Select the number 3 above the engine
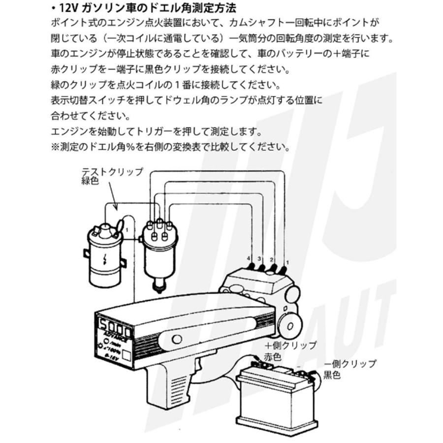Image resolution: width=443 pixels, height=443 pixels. pyautogui.click(x=260, y=257)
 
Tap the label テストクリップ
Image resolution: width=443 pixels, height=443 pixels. pyautogui.click(x=112, y=172)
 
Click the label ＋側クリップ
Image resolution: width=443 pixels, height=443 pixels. pyautogui.click(x=290, y=345)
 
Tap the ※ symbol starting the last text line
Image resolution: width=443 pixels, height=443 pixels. pyautogui.click(x=55, y=147)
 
